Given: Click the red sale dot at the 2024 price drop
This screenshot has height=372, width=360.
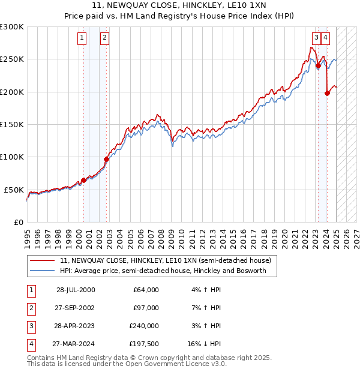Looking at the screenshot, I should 327,93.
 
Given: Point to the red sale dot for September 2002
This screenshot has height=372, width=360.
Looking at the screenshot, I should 106,159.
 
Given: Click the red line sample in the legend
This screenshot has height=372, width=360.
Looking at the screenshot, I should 42,261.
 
